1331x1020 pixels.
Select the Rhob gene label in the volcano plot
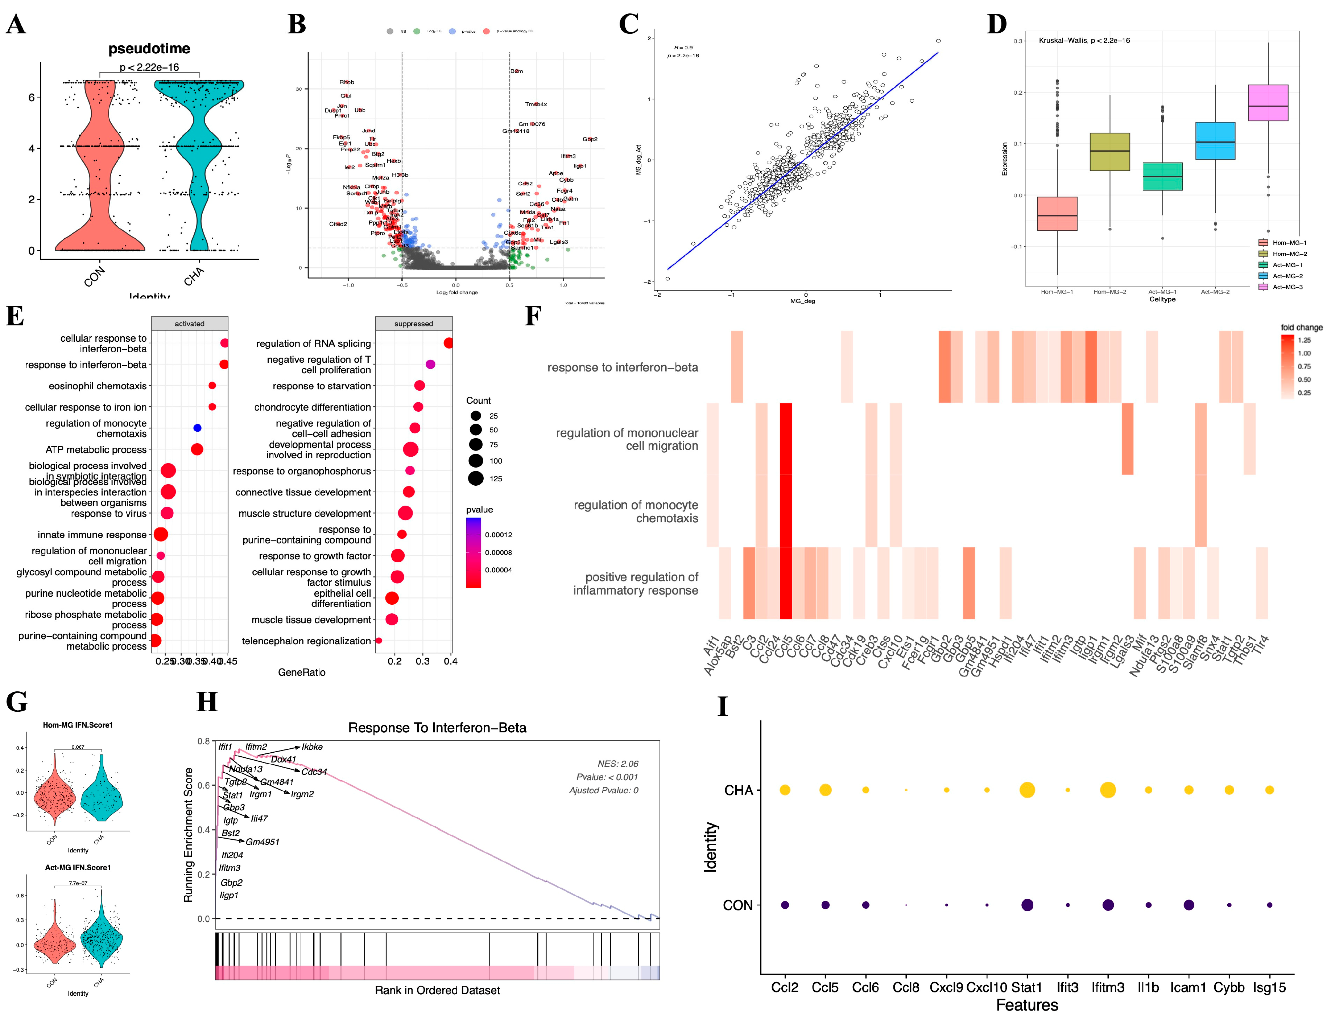click(x=347, y=82)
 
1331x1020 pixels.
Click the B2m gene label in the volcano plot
click(x=517, y=71)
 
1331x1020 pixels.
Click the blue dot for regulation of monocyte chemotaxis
click(x=197, y=428)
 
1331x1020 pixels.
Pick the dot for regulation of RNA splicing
click(x=449, y=344)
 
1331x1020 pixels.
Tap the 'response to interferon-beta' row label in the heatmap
click(x=622, y=367)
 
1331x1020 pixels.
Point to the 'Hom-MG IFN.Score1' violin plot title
click(x=78, y=725)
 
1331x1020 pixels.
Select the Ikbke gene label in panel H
click(x=312, y=747)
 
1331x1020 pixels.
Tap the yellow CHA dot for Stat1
click(x=1027, y=790)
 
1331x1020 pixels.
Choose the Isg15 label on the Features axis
click(x=1269, y=987)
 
